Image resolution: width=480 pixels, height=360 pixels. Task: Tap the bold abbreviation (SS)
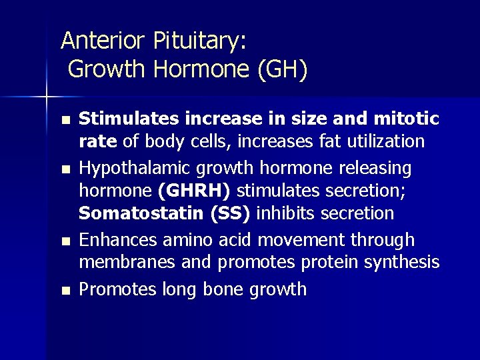[x=226, y=214]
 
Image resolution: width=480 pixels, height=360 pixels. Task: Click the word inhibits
[x=283, y=214]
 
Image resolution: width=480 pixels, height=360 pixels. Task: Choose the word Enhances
[x=115, y=239]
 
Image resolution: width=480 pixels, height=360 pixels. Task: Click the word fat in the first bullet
[x=289, y=141]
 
